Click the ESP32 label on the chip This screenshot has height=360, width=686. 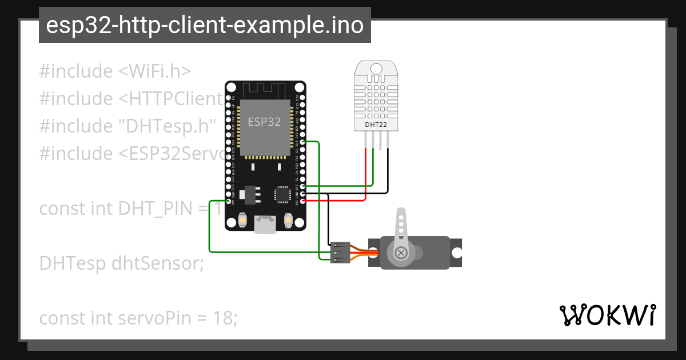[x=264, y=121]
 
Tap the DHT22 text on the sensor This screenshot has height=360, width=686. [x=375, y=124]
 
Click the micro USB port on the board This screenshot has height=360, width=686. [x=265, y=224]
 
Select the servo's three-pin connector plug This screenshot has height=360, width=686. [x=340, y=253]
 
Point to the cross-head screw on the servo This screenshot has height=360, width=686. [x=402, y=252]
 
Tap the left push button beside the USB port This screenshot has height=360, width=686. [x=242, y=220]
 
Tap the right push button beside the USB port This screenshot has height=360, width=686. [x=288, y=220]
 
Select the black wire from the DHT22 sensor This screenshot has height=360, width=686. [x=388, y=171]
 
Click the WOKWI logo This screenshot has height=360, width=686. [x=607, y=315]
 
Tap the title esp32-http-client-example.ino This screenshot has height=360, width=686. [x=205, y=26]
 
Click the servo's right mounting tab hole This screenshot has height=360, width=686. [x=457, y=253]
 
